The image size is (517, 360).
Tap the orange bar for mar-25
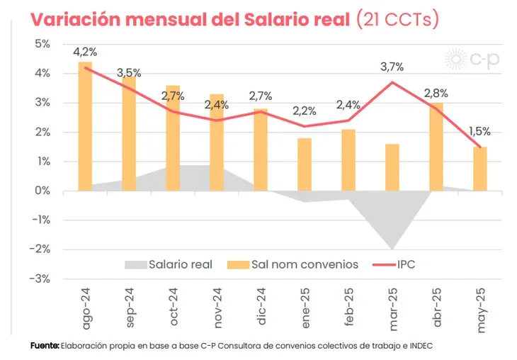click(x=392, y=167)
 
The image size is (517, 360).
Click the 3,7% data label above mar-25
click(x=392, y=67)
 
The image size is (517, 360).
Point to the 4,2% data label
click(x=85, y=51)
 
